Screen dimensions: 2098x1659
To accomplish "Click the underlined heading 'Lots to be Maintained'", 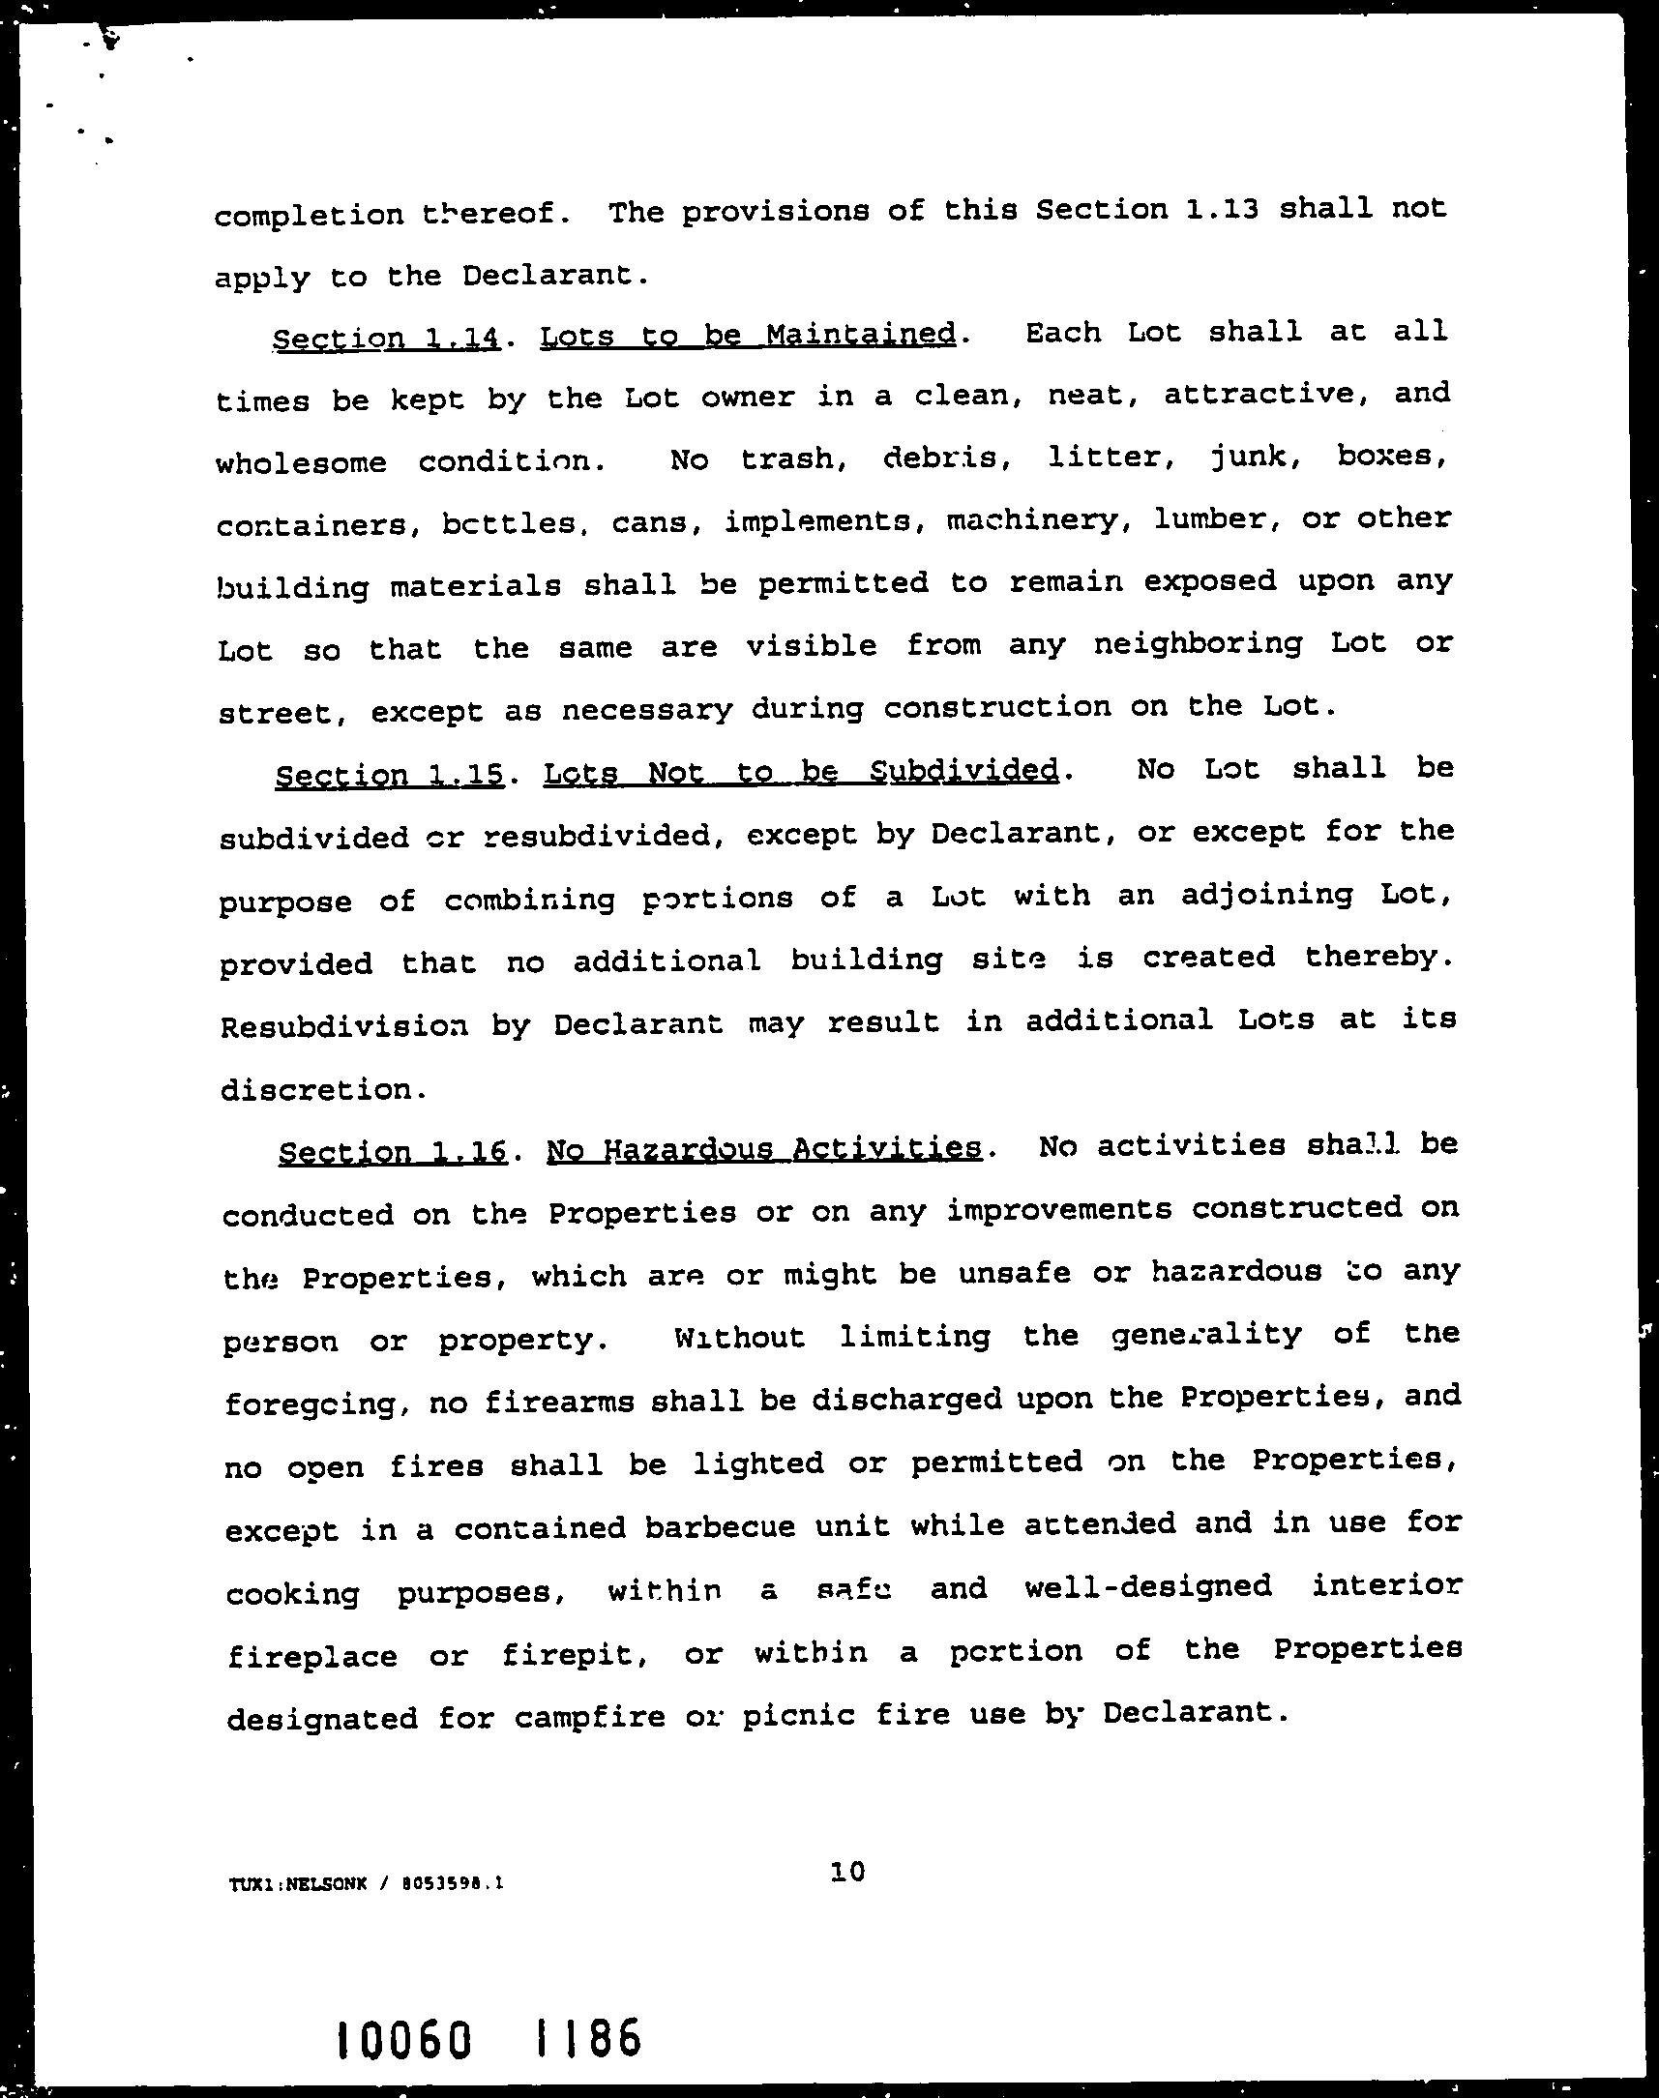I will coord(748,336).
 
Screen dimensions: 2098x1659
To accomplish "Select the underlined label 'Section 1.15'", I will coord(390,775).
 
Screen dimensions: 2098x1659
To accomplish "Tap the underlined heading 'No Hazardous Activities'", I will coord(763,1149).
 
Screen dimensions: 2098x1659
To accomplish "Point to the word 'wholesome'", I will coord(301,462).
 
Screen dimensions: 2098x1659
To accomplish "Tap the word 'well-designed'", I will coord(1147,1588).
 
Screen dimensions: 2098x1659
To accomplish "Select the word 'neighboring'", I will coord(1198,644).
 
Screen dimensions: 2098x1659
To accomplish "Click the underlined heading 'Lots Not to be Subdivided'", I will coord(800,771).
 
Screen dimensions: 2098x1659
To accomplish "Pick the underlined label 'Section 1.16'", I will coord(393,1152).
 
